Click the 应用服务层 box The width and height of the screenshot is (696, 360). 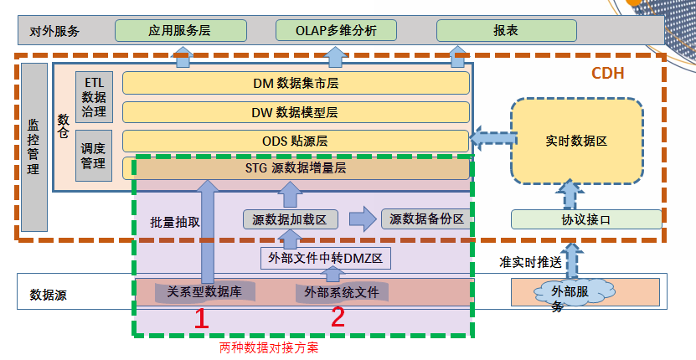point(180,31)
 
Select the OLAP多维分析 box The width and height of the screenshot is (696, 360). point(335,31)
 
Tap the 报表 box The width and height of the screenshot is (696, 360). point(506,31)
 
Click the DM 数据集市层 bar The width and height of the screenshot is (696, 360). point(295,84)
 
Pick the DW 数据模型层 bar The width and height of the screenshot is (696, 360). point(295,112)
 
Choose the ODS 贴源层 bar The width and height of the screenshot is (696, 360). point(295,141)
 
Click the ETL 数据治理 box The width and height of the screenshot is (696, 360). point(94,96)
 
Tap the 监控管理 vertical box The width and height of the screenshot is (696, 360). point(33,147)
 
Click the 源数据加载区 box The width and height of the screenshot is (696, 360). point(290,219)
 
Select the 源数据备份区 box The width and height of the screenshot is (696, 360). point(426,219)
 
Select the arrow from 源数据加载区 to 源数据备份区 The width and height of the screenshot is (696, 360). point(362,219)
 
